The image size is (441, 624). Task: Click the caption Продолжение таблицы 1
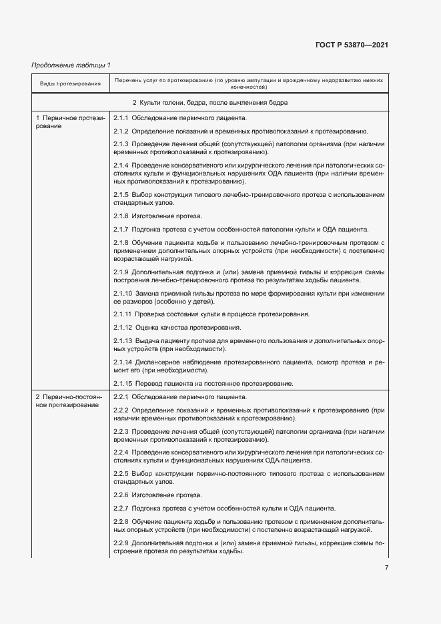click(71, 65)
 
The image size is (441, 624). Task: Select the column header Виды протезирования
click(70, 84)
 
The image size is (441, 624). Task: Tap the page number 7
click(386, 568)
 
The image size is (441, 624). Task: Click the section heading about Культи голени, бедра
click(210, 103)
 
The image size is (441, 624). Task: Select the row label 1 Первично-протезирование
click(69, 122)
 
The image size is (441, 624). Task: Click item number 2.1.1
click(121, 118)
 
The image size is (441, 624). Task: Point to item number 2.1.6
click(121, 216)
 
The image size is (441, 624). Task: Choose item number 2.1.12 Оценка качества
click(123, 327)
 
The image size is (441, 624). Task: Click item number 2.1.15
click(123, 384)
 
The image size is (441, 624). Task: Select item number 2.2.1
click(121, 397)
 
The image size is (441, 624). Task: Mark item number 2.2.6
click(121, 495)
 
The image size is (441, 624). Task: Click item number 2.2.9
click(121, 543)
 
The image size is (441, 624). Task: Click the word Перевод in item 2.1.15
click(149, 384)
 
